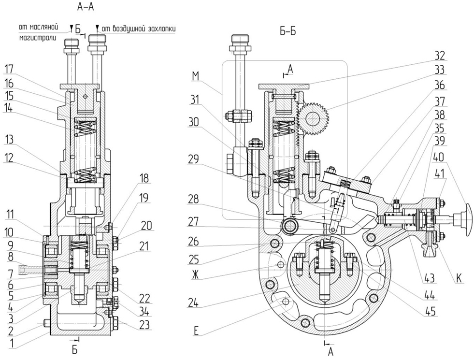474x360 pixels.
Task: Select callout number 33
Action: [439, 69]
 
